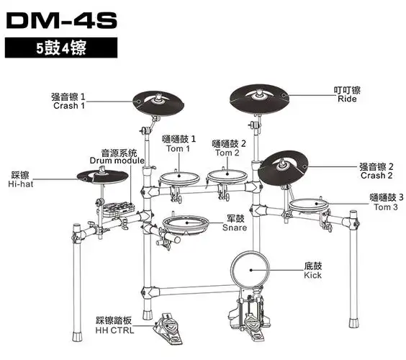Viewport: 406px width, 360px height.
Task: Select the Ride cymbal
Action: pos(259,96)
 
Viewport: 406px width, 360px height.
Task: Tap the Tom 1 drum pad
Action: pos(177,177)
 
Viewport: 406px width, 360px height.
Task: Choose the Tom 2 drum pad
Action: pos(226,176)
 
